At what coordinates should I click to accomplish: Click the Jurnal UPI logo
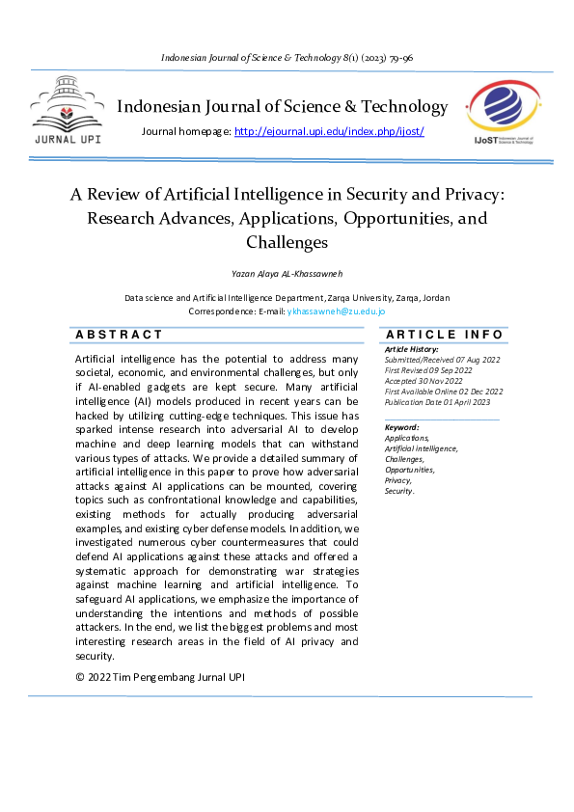coord(67,113)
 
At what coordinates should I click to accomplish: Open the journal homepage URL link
coord(329,131)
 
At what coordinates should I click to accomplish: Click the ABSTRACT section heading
coord(120,335)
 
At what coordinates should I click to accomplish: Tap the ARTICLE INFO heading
coord(444,335)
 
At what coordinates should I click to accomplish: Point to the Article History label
coord(411,349)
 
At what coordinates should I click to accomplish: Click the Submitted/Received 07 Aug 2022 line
coord(442,359)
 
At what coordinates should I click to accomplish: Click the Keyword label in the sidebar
coord(401,427)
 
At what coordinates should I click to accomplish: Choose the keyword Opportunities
coord(410,470)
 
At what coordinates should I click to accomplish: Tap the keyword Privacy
coord(398,480)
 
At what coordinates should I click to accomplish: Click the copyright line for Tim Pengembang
coord(160,677)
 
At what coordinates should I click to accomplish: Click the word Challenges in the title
coord(287,242)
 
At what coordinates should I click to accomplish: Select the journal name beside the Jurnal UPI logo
coord(282,107)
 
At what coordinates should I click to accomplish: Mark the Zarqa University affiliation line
coord(287,298)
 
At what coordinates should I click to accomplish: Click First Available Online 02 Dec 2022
coord(444,391)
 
